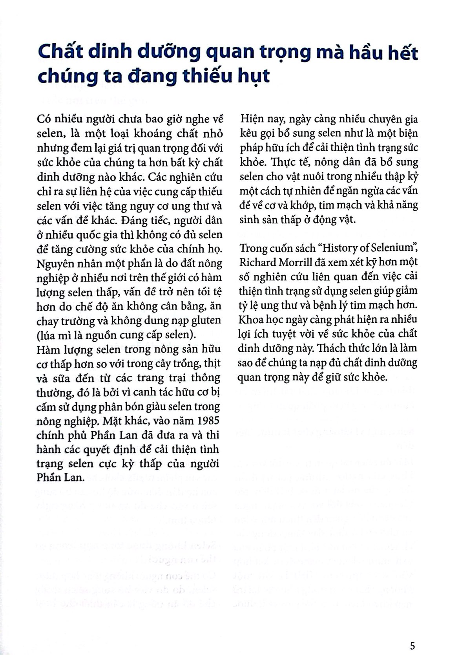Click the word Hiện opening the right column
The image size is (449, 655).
point(252,119)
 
